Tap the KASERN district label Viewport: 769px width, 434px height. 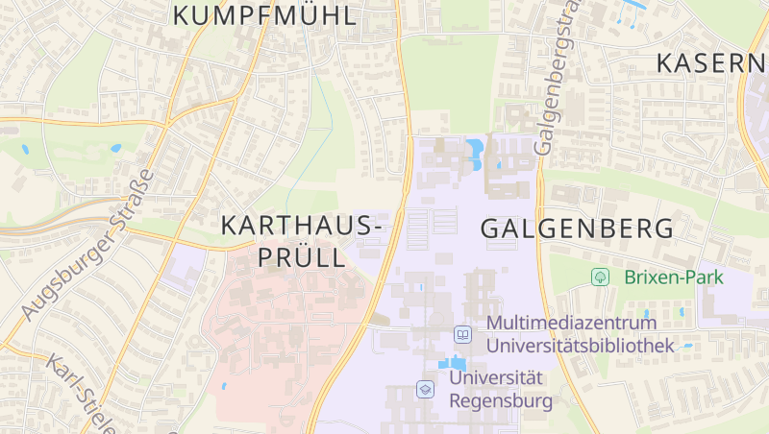click(711, 63)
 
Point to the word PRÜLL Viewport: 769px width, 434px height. click(299, 257)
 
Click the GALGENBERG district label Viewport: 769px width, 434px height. click(576, 229)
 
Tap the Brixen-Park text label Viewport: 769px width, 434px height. click(673, 277)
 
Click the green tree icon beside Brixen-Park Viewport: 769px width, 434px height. click(601, 277)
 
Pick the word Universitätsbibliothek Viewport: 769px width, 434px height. click(579, 345)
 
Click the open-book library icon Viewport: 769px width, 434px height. click(462, 334)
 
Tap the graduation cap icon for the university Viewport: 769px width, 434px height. click(424, 389)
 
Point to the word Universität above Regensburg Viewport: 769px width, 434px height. click(496, 378)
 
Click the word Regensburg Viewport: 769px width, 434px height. click(501, 400)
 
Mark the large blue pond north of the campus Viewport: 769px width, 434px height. click(475, 152)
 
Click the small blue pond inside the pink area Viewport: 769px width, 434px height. click(223, 386)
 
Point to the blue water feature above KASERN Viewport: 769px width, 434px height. click(633, 5)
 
